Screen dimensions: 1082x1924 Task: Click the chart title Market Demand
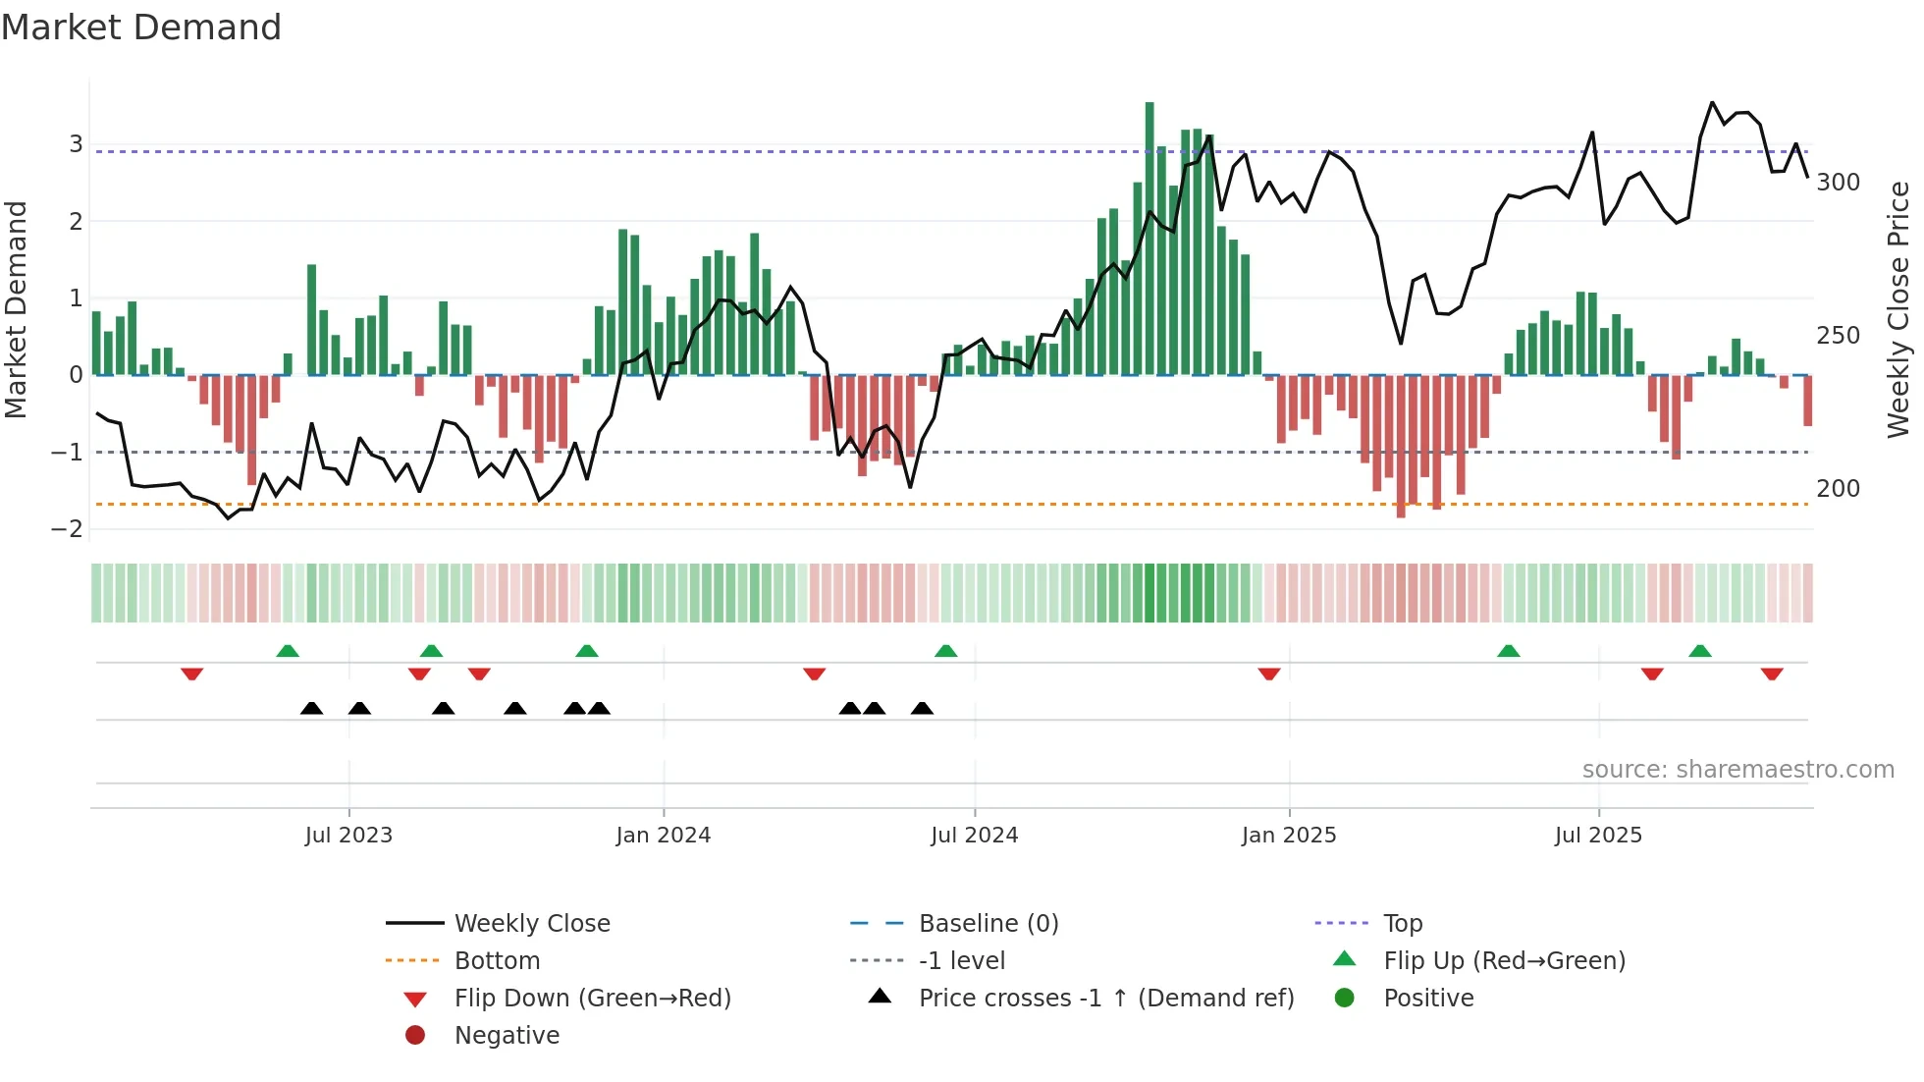click(x=141, y=27)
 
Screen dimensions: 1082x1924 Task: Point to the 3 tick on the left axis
click(x=76, y=144)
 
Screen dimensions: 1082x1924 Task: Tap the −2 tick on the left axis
click(x=68, y=529)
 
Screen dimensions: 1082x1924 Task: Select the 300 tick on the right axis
click(x=1838, y=183)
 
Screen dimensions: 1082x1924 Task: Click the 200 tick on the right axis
click(x=1838, y=489)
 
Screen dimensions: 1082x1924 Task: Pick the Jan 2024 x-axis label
click(x=663, y=836)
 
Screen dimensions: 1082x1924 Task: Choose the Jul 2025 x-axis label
click(x=1598, y=836)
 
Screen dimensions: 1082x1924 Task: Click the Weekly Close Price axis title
click(x=1898, y=309)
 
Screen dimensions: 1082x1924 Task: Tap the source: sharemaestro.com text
click(x=1737, y=770)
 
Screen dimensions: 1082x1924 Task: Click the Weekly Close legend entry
click(x=531, y=924)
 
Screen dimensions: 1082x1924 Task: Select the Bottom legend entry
click(x=497, y=961)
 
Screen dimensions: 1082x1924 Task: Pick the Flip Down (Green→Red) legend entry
click(x=592, y=999)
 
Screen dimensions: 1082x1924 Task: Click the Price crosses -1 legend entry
click(x=1105, y=999)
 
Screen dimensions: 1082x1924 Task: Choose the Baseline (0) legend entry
click(x=988, y=924)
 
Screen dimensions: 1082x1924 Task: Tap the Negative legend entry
click(x=507, y=1036)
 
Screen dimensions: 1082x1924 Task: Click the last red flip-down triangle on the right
click(x=1772, y=674)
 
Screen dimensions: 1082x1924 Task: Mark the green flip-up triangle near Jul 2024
click(x=945, y=651)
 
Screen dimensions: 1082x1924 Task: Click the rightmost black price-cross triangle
click(x=922, y=708)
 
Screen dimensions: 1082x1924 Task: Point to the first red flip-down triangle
click(x=192, y=674)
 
